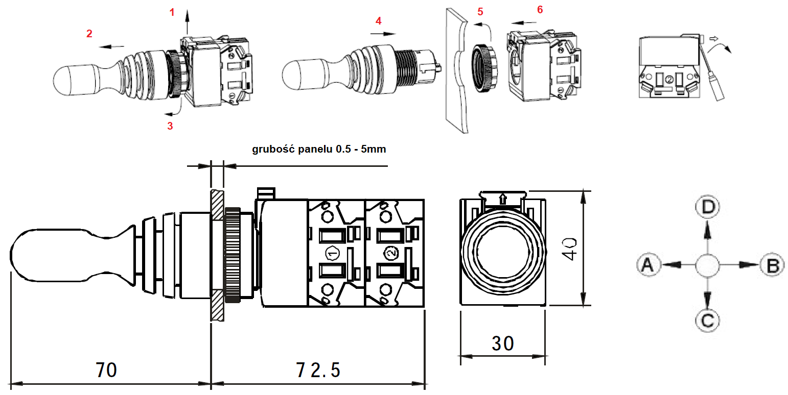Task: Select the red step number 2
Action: point(89,34)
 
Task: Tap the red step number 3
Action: point(170,126)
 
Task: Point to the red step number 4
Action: point(378,21)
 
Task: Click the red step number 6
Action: point(540,10)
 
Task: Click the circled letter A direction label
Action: point(648,264)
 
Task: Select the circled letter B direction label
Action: point(772,265)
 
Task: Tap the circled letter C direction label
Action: point(708,320)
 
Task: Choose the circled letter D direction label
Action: point(708,207)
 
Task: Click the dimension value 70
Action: point(106,369)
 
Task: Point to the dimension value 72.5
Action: point(318,369)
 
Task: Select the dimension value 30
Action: point(502,343)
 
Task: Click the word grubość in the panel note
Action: point(272,150)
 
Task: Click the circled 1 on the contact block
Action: point(331,253)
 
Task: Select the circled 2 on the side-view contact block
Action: point(390,253)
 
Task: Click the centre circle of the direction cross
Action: point(708,265)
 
